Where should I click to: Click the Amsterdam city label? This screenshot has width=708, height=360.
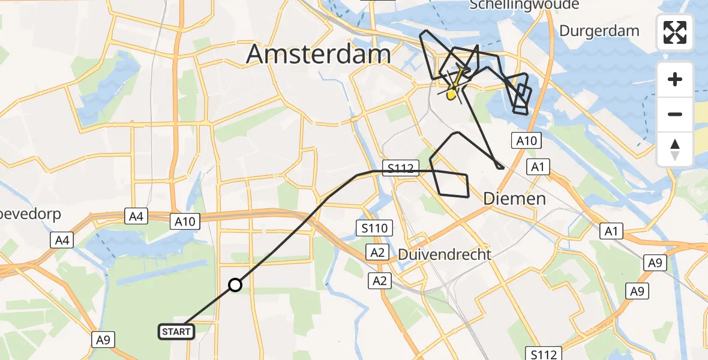pyautogui.click(x=319, y=55)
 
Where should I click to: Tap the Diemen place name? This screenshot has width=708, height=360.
pyautogui.click(x=515, y=199)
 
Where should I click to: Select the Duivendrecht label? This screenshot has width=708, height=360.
pyautogui.click(x=445, y=254)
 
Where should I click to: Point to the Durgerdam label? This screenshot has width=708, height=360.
pyautogui.click(x=599, y=31)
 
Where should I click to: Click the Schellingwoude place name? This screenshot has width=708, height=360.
pyautogui.click(x=524, y=5)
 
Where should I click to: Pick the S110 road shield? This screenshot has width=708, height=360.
pyautogui.click(x=374, y=228)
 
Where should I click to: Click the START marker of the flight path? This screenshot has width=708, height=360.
pyautogui.click(x=176, y=331)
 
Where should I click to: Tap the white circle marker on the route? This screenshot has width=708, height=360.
pyautogui.click(x=235, y=285)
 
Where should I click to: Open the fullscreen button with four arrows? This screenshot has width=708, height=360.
pyautogui.click(x=675, y=32)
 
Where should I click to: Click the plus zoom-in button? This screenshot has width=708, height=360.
pyautogui.click(x=675, y=79)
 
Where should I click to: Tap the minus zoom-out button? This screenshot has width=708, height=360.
pyautogui.click(x=675, y=114)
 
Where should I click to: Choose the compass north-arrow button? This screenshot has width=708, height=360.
pyautogui.click(x=675, y=148)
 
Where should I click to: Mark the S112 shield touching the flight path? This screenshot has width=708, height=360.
pyautogui.click(x=400, y=169)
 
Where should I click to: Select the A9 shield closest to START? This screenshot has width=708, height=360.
pyautogui.click(x=103, y=340)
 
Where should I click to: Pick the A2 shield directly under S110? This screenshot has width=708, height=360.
pyautogui.click(x=377, y=253)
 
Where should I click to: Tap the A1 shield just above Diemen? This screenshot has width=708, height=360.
pyautogui.click(x=537, y=167)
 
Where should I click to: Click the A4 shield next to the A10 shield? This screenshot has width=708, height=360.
pyautogui.click(x=136, y=217)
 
